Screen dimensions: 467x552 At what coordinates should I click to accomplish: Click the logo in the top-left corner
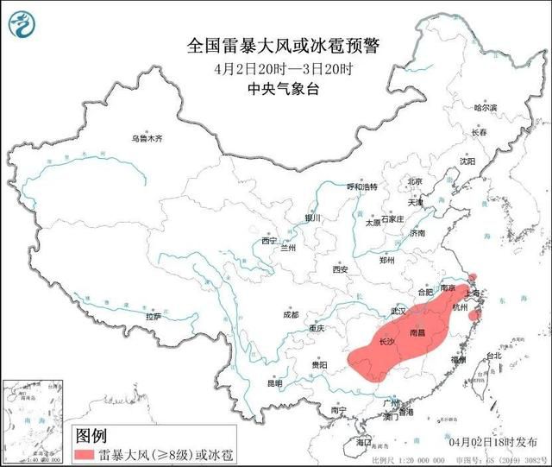(22, 22)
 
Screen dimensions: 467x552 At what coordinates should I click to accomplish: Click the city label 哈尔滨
(486, 109)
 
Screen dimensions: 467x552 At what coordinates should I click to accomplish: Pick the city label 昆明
(273, 383)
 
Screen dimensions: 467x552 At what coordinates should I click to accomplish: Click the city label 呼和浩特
(362, 186)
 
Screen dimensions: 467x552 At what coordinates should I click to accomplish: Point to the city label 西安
(339, 270)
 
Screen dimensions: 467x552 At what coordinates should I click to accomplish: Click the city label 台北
(492, 356)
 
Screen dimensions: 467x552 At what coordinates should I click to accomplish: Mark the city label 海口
(365, 441)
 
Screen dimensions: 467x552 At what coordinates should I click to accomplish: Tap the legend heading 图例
(91, 434)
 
